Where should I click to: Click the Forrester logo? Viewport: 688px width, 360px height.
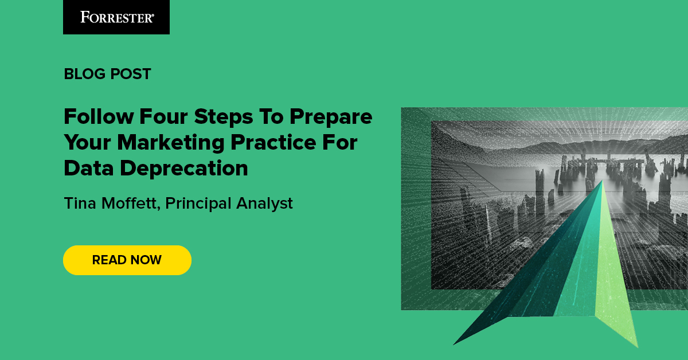116,17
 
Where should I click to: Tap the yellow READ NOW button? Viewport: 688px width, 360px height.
127,260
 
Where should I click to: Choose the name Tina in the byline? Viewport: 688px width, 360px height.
80,203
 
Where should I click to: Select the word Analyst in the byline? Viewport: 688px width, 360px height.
267,203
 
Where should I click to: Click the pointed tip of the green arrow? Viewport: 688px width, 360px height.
601,182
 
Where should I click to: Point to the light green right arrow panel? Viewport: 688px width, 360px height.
613,287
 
